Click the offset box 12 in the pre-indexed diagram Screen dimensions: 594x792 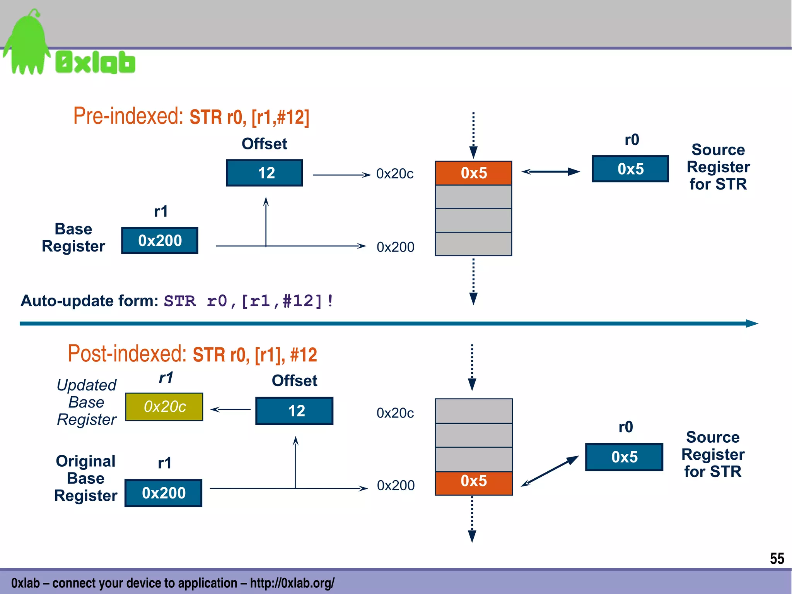tap(265, 173)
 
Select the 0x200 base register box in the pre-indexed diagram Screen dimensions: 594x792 tap(160, 241)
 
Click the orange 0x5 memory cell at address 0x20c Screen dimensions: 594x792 tap(473, 173)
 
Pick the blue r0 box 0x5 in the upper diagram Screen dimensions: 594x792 tap(630, 169)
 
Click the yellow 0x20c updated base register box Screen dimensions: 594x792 tap(164, 407)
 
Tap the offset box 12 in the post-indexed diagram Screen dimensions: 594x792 tap(294, 411)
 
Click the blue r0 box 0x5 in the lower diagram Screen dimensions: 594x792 tap(624, 457)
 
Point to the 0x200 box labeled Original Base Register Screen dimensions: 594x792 tap(164, 493)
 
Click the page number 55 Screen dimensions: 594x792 tap(777, 558)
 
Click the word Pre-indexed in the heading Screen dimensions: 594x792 tap(128, 116)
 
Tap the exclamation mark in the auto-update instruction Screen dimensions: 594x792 tap(330, 301)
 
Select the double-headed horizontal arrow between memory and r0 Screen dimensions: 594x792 tap(551, 171)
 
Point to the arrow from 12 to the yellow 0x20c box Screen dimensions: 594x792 tap(230, 409)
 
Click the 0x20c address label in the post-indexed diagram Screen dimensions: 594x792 tap(395, 413)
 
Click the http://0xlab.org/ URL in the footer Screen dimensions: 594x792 tap(292, 583)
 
